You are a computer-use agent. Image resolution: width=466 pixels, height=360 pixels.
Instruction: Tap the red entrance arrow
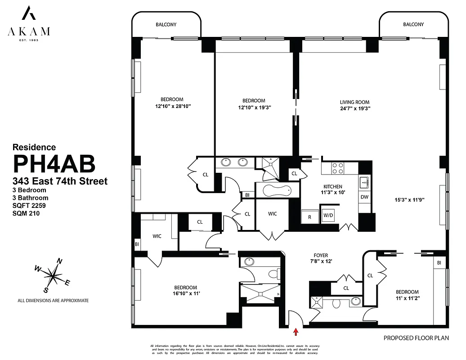point(296,333)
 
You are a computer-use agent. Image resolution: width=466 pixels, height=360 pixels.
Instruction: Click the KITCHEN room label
point(333,187)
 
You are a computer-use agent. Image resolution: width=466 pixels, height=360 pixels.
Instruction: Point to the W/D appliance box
point(328,215)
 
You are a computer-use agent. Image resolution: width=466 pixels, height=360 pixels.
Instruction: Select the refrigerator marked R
point(309,216)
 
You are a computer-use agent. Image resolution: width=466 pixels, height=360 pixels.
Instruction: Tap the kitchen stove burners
point(337,168)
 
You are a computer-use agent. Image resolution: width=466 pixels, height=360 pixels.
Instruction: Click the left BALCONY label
point(166,24)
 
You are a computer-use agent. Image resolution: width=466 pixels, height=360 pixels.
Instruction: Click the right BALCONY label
point(413,24)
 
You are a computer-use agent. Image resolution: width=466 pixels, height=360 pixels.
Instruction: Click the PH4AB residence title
point(54,163)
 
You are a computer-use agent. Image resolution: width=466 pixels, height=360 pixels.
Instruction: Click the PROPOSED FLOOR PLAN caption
point(416,337)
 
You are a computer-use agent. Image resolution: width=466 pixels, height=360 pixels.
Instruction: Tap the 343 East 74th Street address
point(60,181)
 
